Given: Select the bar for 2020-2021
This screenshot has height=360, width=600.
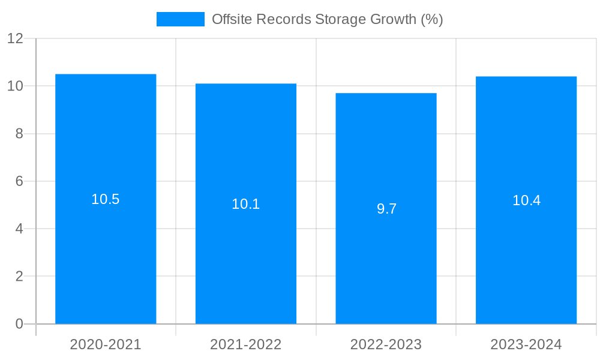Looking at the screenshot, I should [x=106, y=252].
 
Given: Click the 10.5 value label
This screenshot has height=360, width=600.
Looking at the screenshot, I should [x=106, y=200].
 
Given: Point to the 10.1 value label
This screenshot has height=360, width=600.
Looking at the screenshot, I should [x=246, y=205].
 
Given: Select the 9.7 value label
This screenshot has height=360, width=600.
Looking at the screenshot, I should [x=386, y=209].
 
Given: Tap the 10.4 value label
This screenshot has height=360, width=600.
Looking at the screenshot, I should [x=526, y=201].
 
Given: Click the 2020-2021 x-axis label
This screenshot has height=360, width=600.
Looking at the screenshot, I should [x=106, y=344].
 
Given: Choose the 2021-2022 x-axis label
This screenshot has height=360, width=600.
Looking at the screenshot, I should [x=246, y=344].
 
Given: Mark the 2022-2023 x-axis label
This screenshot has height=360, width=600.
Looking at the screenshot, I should [x=386, y=344].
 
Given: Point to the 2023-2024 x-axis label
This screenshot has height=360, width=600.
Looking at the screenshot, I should [x=526, y=344].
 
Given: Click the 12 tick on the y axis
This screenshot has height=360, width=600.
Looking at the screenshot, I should [x=15, y=39].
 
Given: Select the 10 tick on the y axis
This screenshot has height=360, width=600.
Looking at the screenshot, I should [x=15, y=86].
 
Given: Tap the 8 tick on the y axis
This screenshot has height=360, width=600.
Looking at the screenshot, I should [x=19, y=134].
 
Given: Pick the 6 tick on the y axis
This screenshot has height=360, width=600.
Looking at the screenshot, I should [x=19, y=181].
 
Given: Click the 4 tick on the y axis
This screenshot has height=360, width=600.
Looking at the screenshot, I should [x=19, y=229].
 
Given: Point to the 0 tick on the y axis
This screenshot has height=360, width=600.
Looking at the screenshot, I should [x=19, y=324].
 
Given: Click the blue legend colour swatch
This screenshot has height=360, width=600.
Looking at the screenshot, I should [x=180, y=19].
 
